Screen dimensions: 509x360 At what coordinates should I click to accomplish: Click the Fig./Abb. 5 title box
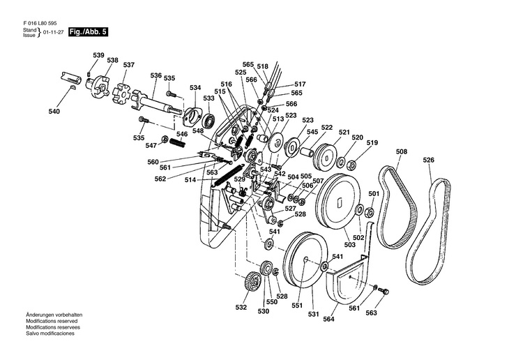point(88,32)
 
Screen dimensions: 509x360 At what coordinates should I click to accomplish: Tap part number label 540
point(54,112)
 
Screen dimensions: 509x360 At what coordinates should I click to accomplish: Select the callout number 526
point(429,160)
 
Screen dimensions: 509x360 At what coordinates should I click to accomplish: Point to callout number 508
point(402,151)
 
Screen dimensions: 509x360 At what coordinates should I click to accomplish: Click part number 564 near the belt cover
point(328,319)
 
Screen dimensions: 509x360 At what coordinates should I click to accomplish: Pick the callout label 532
point(241,308)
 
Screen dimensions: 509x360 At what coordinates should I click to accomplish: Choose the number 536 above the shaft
point(155,75)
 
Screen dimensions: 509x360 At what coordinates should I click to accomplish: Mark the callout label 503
point(349,244)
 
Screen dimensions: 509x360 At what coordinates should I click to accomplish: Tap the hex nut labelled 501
point(369,213)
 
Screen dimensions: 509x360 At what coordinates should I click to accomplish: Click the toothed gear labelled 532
point(252,283)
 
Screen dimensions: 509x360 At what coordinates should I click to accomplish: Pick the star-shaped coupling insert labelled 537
point(121,92)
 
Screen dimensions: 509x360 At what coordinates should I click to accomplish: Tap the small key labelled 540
point(73,87)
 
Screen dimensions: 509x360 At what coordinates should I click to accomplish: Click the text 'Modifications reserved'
point(52,321)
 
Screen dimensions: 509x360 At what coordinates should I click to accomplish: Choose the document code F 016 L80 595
point(40,24)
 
